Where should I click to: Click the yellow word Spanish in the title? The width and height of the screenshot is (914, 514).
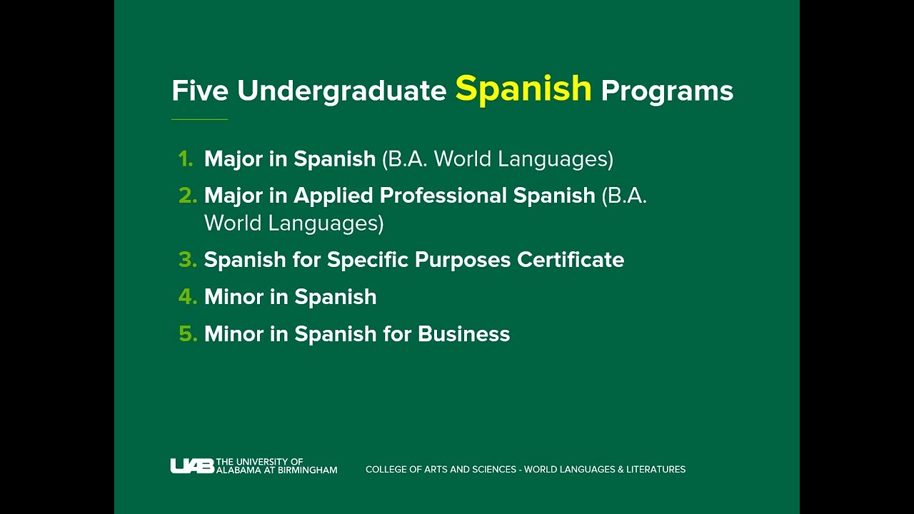pyautogui.click(x=523, y=89)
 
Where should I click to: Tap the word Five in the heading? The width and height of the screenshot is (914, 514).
pyautogui.click(x=201, y=91)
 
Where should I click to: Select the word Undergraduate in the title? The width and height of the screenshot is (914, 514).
pyautogui.click(x=341, y=91)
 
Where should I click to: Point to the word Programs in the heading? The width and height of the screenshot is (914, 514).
pyautogui.click(x=667, y=91)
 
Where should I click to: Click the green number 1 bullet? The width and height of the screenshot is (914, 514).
pyautogui.click(x=186, y=159)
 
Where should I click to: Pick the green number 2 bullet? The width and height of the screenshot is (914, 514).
pyautogui.click(x=187, y=196)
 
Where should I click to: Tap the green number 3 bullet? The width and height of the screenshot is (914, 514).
pyautogui.click(x=187, y=260)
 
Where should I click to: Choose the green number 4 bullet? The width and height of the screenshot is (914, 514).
pyautogui.click(x=187, y=297)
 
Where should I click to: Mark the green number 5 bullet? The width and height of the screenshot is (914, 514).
pyautogui.click(x=187, y=334)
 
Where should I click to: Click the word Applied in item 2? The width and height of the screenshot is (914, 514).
pyautogui.click(x=333, y=196)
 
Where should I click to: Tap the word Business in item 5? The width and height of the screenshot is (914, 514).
pyautogui.click(x=463, y=334)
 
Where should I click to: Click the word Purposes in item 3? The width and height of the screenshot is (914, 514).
pyautogui.click(x=463, y=261)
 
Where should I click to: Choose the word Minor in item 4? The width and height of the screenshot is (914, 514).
pyautogui.click(x=233, y=297)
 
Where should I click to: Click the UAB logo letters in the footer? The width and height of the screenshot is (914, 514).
pyautogui.click(x=191, y=466)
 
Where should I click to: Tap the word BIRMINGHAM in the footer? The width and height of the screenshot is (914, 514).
pyautogui.click(x=303, y=470)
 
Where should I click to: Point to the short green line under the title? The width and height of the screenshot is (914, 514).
pyautogui.click(x=199, y=119)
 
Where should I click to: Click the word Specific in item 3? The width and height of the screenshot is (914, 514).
pyautogui.click(x=367, y=261)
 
